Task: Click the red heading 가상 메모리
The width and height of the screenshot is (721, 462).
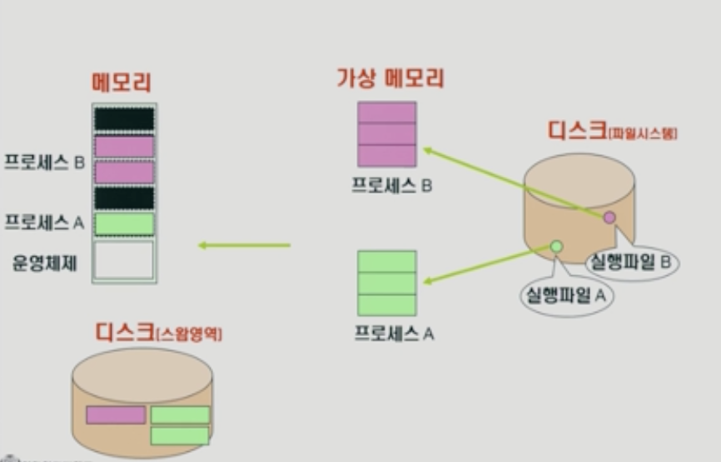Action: click(390, 79)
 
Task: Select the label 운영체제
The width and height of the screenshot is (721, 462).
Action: click(44, 262)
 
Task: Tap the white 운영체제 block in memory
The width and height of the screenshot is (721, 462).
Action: click(124, 259)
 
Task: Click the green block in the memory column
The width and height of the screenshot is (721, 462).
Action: click(124, 223)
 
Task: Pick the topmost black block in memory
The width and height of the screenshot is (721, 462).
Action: click(124, 118)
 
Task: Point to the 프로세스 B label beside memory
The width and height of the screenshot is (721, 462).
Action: click(44, 162)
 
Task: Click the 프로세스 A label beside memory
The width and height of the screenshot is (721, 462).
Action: click(44, 223)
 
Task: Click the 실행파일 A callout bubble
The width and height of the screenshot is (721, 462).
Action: click(566, 295)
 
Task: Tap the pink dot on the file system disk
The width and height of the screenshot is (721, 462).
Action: click(609, 218)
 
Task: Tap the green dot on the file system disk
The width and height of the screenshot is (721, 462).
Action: click(556, 246)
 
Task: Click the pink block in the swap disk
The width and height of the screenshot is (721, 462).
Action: click(116, 414)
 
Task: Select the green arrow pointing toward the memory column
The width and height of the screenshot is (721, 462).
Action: click(244, 245)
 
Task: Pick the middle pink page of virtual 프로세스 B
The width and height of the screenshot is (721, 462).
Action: click(386, 134)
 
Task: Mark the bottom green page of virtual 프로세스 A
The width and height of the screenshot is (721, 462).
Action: click(386, 305)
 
